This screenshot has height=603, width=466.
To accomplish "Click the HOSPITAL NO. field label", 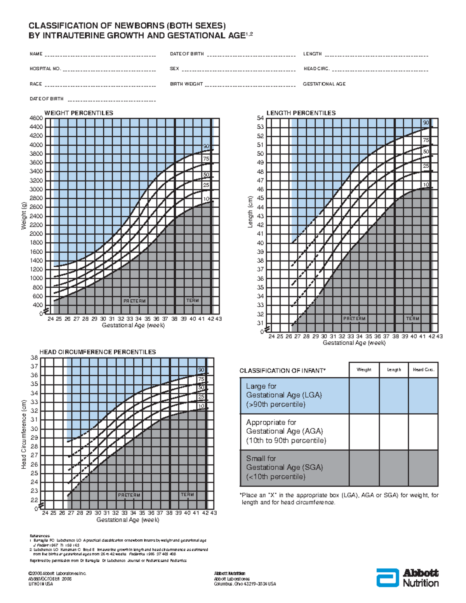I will click(x=45, y=69).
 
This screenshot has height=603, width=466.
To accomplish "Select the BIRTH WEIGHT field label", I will click(x=186, y=84).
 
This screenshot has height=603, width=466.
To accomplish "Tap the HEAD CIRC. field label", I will click(x=316, y=69).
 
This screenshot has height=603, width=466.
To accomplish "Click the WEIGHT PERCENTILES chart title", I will click(x=79, y=113).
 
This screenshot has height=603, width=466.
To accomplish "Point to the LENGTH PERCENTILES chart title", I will click(x=301, y=113).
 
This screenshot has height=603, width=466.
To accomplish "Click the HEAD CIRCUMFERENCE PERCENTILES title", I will click(x=97, y=352).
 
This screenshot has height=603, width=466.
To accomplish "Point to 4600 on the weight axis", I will click(x=36, y=118).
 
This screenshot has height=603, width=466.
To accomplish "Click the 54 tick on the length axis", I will click(x=260, y=118).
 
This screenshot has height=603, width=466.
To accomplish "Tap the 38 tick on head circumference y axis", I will click(x=34, y=358).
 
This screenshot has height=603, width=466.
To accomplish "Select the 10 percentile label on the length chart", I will click(x=426, y=185).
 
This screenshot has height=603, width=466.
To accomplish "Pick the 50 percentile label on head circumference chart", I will click(x=201, y=388).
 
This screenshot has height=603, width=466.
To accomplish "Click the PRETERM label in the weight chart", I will click(x=134, y=301).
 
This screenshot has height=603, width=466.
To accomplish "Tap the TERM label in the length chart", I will click(x=412, y=318).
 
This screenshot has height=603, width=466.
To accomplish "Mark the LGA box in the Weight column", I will click(x=364, y=395).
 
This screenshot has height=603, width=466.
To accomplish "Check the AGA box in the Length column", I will click(x=394, y=431).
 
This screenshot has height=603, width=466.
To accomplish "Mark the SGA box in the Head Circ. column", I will click(x=423, y=468).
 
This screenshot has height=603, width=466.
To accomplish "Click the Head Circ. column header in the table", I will click(x=423, y=370).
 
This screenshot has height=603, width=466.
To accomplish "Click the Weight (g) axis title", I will click(x=24, y=215).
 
